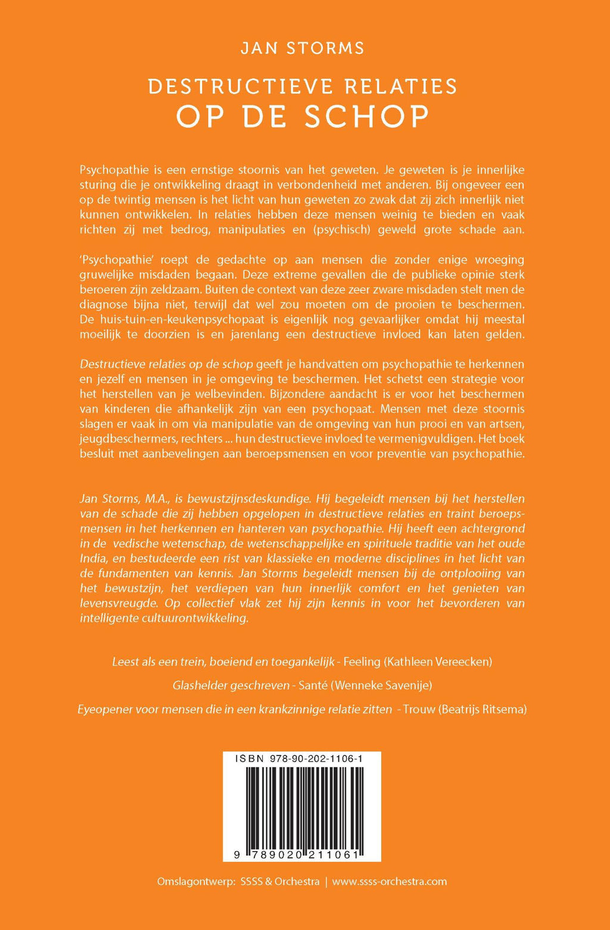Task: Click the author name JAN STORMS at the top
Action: click(x=302, y=48)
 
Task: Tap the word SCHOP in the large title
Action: click(x=367, y=116)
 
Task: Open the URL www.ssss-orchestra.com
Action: click(x=389, y=881)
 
